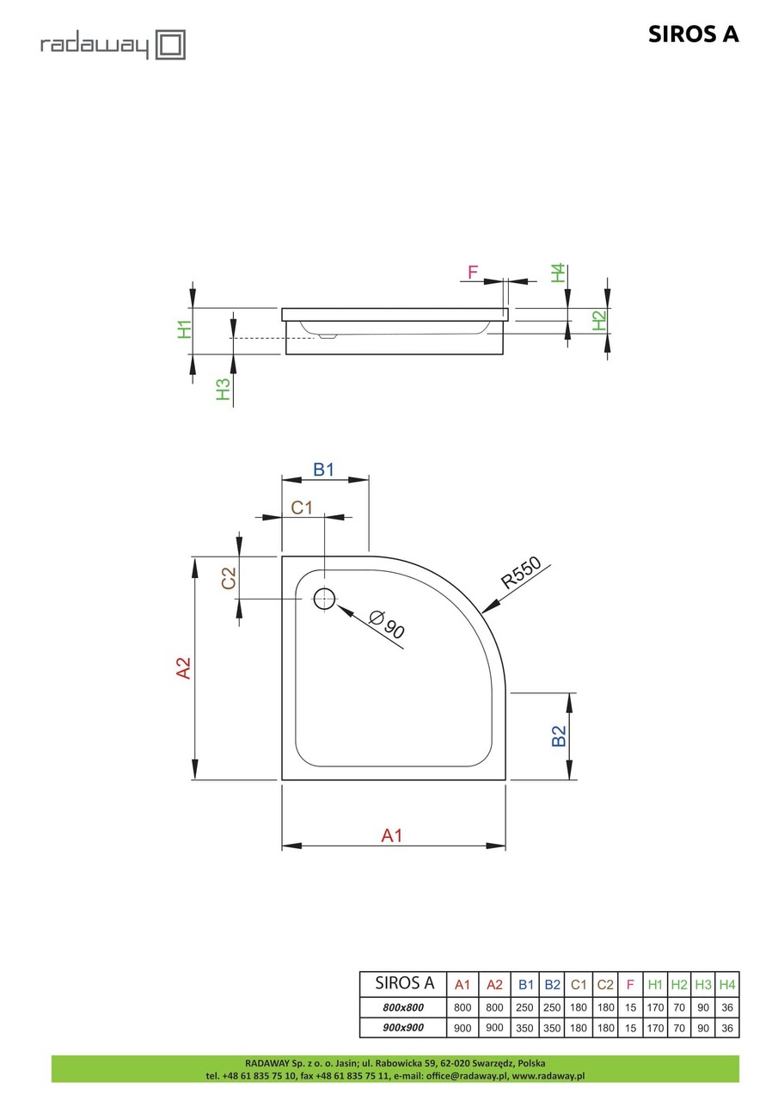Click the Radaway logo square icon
click(170, 45)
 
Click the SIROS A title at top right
click(693, 34)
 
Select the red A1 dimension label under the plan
click(392, 834)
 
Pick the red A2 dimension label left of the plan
click(183, 668)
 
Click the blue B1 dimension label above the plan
click(323, 470)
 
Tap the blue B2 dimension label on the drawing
click(559, 736)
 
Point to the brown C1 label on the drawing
click(301, 507)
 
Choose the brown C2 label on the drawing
click(229, 578)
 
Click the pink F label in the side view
click(472, 273)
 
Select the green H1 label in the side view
click(184, 329)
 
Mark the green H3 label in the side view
click(224, 389)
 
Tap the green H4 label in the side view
click(559, 273)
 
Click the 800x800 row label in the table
click(403, 1007)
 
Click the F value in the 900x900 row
click(630, 1028)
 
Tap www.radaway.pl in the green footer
click(548, 1075)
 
